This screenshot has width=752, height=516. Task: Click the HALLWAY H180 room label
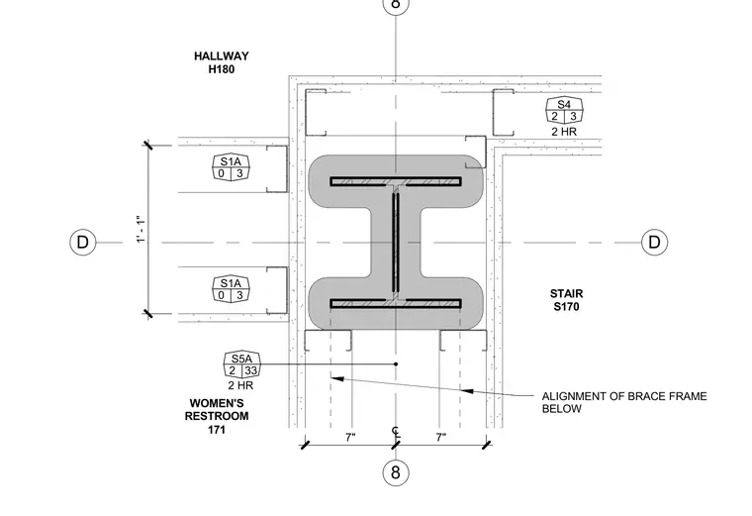click(x=221, y=62)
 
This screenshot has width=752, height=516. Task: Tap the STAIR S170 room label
click(x=566, y=300)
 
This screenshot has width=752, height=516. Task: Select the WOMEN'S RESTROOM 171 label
click(x=217, y=416)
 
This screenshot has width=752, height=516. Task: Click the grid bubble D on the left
click(x=83, y=242)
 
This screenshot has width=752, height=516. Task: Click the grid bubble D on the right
click(x=655, y=242)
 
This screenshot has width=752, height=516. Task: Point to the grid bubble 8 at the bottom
click(x=395, y=472)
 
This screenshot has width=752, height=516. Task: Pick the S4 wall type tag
click(x=564, y=110)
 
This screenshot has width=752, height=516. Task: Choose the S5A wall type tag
click(x=241, y=364)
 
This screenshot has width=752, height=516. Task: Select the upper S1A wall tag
click(x=231, y=167)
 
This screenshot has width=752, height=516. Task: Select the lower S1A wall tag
click(x=231, y=289)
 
